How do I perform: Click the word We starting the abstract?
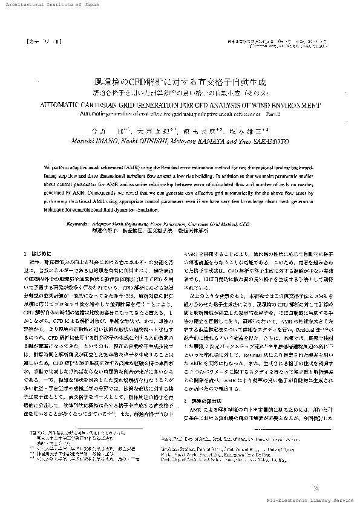(x=48, y=165)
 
